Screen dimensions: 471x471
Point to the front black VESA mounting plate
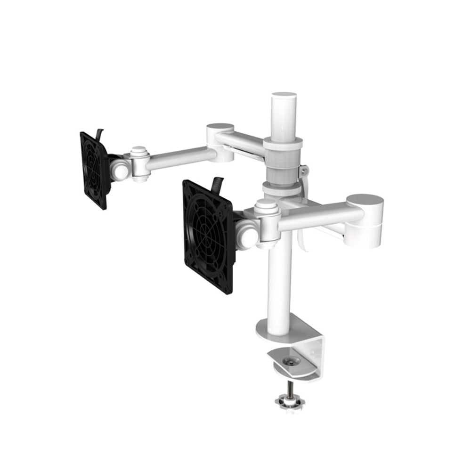point(207,235)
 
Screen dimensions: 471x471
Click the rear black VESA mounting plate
point(94,170)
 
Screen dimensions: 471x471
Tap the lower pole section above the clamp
point(279,283)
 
